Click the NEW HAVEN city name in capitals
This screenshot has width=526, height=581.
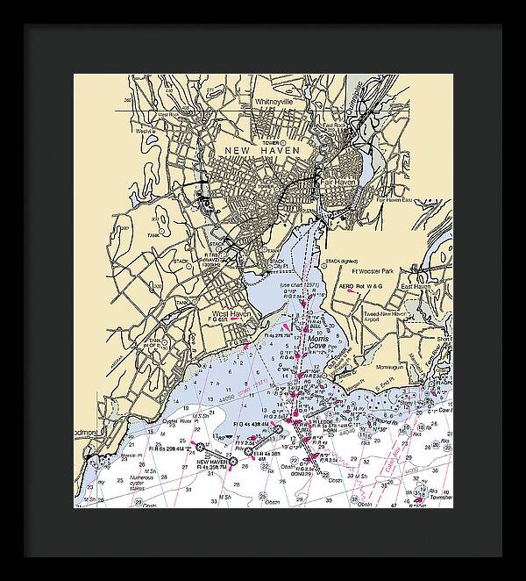(262, 151)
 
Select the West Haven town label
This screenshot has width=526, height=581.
(231, 313)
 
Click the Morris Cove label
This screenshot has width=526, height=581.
(319, 341)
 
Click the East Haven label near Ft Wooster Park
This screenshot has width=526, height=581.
(418, 287)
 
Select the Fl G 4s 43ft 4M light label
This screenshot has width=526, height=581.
(253, 423)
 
